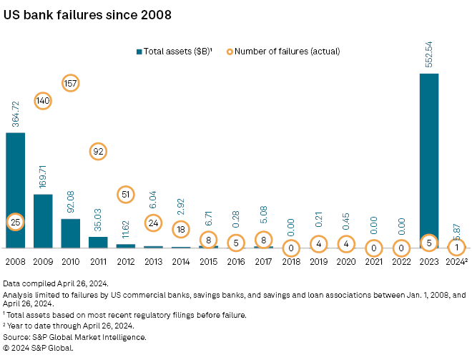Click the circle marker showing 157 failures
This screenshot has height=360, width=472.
point(70,83)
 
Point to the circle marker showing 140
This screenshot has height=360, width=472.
point(43,101)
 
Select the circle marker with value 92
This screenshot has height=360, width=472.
point(98,151)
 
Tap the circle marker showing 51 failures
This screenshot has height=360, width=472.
point(126,194)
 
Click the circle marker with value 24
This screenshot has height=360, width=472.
point(153,223)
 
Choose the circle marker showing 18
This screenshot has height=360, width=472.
point(181,229)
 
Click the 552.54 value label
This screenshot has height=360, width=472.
point(428,54)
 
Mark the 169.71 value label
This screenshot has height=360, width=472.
point(43,176)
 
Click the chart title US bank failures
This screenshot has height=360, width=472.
point(87,15)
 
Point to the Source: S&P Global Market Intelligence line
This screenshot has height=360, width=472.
point(75,336)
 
